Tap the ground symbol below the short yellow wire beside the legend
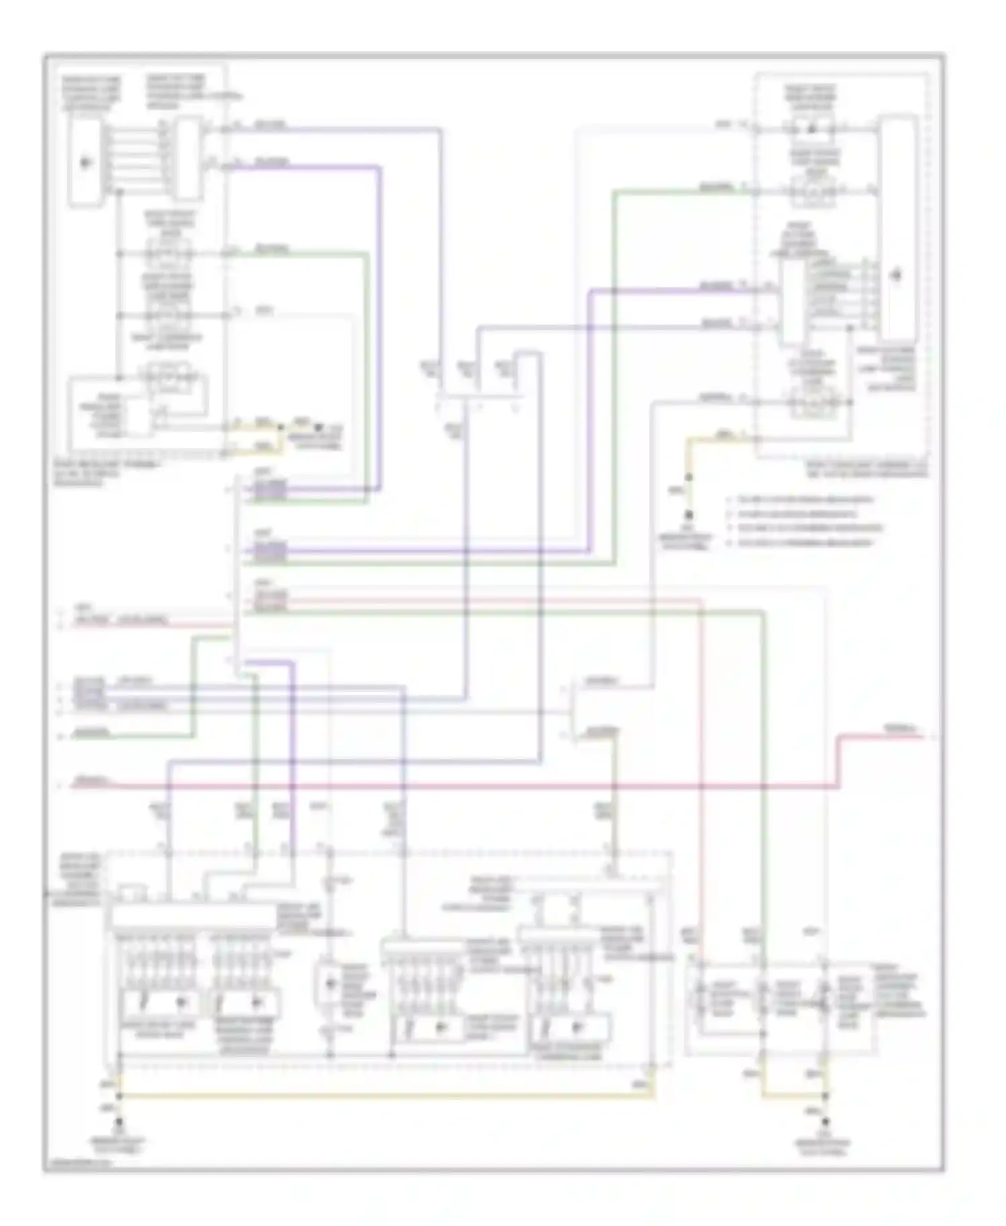click(x=687, y=516)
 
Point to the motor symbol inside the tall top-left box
click(x=85, y=162)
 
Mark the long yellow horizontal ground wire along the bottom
click(x=382, y=1096)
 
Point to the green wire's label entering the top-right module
click(x=718, y=188)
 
